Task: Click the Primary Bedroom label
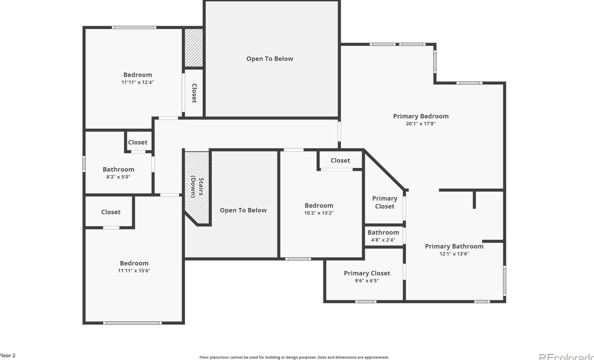click(x=420, y=116)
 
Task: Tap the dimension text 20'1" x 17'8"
click(x=420, y=124)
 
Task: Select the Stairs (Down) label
click(x=197, y=187)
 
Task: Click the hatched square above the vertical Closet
click(x=194, y=48)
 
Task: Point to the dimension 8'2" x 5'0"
click(x=118, y=177)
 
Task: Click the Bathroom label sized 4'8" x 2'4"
click(x=383, y=232)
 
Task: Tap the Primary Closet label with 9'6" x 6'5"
click(x=367, y=273)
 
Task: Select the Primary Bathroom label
click(x=454, y=246)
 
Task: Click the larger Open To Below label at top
click(x=269, y=59)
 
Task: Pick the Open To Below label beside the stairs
click(x=243, y=210)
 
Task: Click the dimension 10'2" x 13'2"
click(x=319, y=213)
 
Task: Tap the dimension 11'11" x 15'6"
click(x=134, y=270)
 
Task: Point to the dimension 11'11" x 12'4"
click(x=138, y=82)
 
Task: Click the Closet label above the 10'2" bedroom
click(x=340, y=160)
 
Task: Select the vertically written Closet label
click(x=194, y=93)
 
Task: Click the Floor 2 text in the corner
click(x=8, y=355)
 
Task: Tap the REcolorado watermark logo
click(x=566, y=357)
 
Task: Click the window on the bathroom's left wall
click(x=84, y=164)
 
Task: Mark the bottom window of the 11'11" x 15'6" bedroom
click(x=132, y=323)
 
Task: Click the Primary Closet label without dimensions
click(x=385, y=202)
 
